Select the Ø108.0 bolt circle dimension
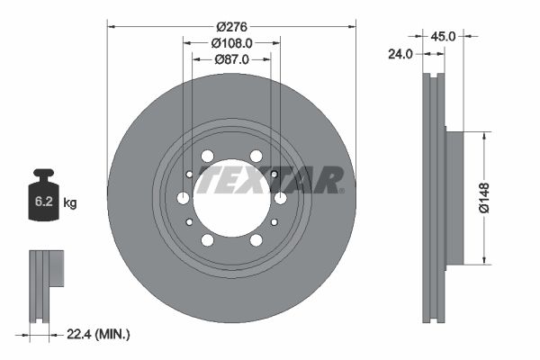[231, 42]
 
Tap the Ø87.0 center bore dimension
[231, 59]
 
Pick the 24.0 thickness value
[400, 54]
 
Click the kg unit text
[70, 203]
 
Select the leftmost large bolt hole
[184, 198]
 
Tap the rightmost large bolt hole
[280, 198]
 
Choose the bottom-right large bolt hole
[256, 239]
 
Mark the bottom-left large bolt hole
[208, 239]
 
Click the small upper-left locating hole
[189, 175]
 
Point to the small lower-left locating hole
[189, 221]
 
